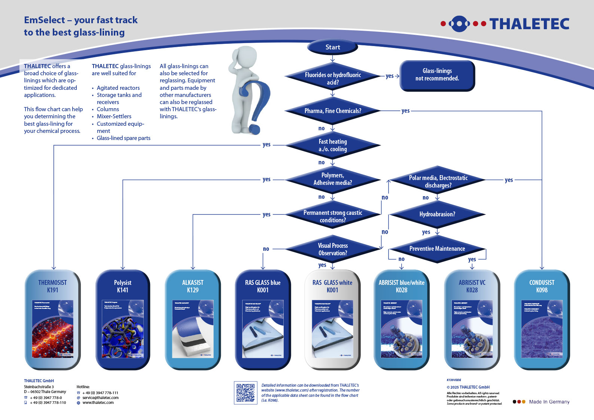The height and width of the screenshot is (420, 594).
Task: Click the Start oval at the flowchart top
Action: coord(332,47)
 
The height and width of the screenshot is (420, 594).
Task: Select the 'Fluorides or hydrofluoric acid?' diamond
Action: coord(332,78)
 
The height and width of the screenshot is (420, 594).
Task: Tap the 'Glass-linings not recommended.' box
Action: coord(437,75)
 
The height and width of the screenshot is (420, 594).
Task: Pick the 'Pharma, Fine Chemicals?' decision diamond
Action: coord(332,111)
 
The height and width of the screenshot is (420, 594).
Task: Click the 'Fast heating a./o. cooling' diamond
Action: coord(332,145)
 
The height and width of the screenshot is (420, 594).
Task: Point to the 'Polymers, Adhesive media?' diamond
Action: coord(332,179)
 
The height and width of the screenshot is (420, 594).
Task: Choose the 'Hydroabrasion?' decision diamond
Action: coord(437,214)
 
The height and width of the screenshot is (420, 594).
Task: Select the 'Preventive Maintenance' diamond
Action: coord(437,249)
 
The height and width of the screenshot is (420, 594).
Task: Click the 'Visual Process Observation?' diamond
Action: coord(332,249)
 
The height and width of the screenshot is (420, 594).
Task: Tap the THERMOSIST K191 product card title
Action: coord(52,286)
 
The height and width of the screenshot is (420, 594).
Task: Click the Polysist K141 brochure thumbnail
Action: coord(123,329)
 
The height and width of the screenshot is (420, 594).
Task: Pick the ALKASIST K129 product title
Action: coord(193,286)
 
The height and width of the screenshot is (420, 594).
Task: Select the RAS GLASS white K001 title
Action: coord(332,286)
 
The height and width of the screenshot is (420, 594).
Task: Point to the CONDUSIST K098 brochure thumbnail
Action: coord(542,329)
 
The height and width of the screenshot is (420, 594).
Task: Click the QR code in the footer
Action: coord(246,393)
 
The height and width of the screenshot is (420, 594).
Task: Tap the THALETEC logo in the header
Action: coord(505,24)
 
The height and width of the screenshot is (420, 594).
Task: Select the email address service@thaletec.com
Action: coord(100,398)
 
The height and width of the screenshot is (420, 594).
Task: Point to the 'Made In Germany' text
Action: coord(549,402)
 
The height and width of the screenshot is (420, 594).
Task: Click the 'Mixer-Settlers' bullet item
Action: coord(114,116)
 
